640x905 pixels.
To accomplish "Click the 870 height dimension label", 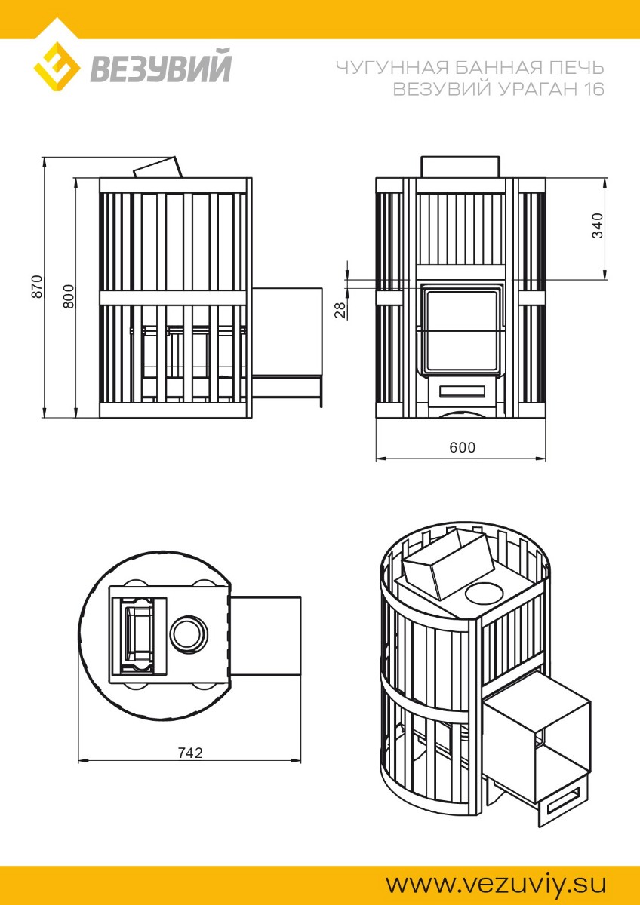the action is [x=37, y=287].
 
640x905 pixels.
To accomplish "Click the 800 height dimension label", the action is [x=69, y=296].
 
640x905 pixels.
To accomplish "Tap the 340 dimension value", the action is [x=597, y=225].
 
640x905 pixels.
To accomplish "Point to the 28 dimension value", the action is [x=342, y=311].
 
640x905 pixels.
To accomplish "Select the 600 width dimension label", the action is [x=463, y=447].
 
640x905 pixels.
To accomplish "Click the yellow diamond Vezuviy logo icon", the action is [x=57, y=66].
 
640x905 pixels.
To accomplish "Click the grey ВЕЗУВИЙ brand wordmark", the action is [x=161, y=66].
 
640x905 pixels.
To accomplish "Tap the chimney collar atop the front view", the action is [x=460, y=167].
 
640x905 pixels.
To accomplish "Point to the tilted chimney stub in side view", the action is [x=158, y=168].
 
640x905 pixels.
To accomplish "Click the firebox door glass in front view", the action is [x=461, y=330].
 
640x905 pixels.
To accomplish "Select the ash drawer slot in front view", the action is [x=462, y=391].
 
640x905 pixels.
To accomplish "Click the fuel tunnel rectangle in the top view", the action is [x=265, y=636].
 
